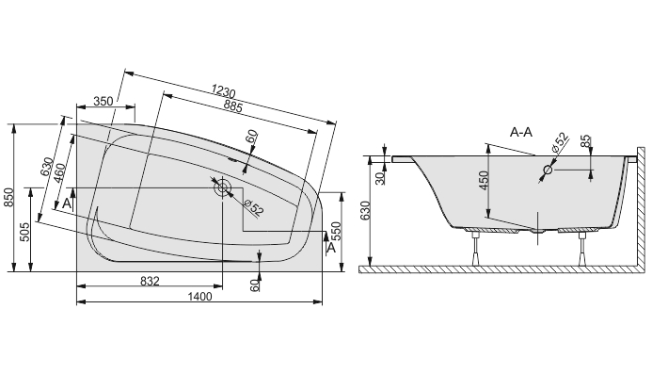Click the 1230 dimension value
click(x=223, y=90)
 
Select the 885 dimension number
click(x=232, y=106)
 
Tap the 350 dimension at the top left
click(x=103, y=101)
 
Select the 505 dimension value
click(x=24, y=232)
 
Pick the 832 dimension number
click(x=150, y=282)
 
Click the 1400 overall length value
click(x=200, y=297)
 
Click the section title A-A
click(x=521, y=133)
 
